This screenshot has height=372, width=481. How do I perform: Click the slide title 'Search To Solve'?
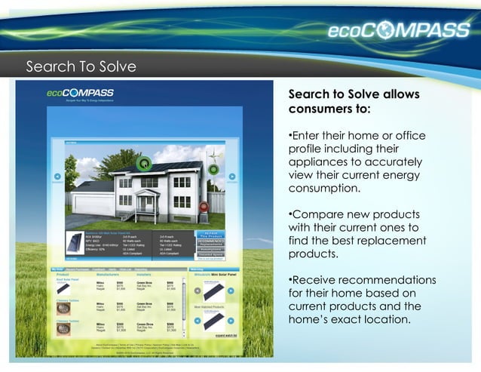[81, 67]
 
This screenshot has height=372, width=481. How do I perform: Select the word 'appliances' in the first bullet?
[320, 162]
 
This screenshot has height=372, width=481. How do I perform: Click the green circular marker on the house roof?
[145, 162]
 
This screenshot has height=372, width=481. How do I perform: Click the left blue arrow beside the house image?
[57, 177]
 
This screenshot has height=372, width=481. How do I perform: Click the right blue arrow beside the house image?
[232, 177]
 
